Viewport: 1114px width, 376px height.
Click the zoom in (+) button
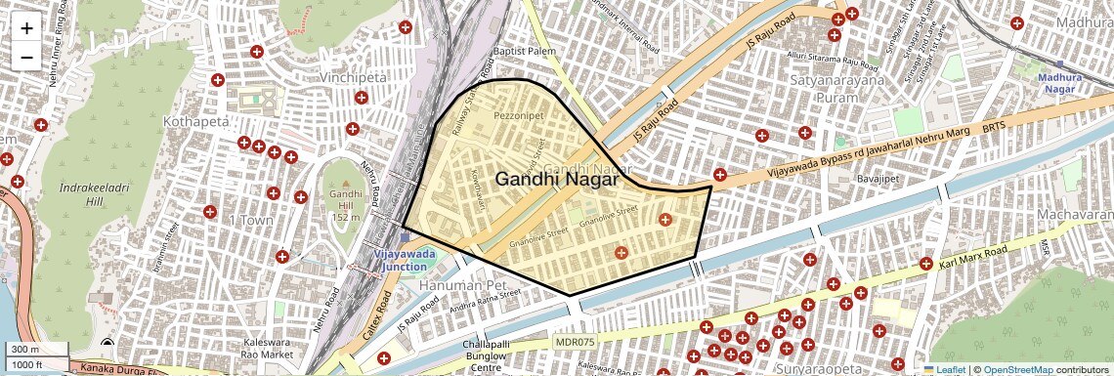click(26, 27)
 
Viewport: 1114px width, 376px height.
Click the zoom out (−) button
click(26, 57)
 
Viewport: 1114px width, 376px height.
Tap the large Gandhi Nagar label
click(556, 179)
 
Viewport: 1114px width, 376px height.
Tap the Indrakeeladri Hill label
click(80, 192)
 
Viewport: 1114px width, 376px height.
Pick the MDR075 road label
click(574, 342)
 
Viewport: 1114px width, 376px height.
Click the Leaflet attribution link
click(943, 369)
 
